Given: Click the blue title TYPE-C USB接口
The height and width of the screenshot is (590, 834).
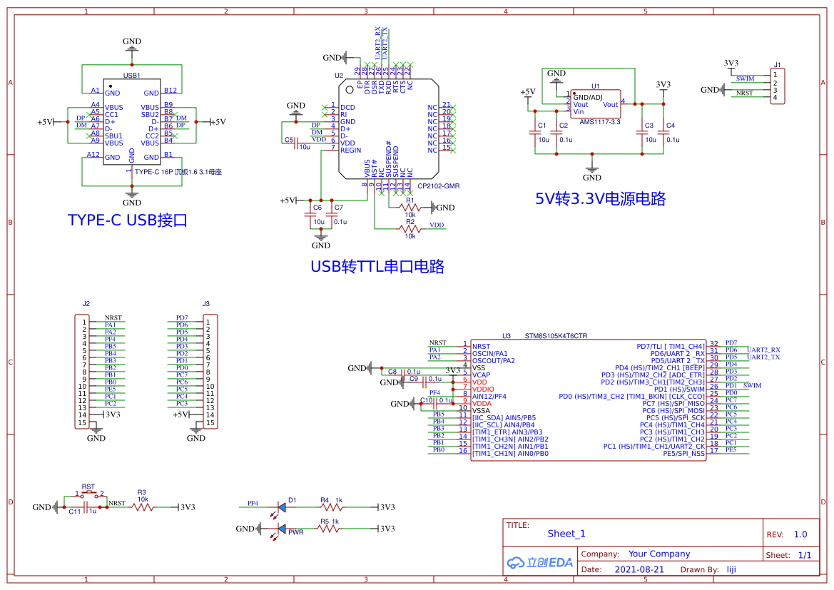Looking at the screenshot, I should (x=127, y=220).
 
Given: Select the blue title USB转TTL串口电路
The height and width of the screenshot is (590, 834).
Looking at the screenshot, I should (x=377, y=267).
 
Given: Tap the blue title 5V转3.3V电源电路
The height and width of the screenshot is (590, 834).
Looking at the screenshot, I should (x=600, y=199).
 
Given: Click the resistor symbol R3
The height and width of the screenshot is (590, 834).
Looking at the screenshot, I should (x=142, y=507).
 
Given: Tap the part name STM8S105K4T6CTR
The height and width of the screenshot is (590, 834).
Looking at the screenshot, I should (x=556, y=335).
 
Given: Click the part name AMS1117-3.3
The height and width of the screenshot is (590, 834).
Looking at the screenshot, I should (x=599, y=122).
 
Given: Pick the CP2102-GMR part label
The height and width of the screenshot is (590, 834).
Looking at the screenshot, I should (x=438, y=185).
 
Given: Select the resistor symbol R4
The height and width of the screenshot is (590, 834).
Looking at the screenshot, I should (x=332, y=507).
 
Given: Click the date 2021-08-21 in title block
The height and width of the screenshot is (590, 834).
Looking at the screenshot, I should (x=639, y=569).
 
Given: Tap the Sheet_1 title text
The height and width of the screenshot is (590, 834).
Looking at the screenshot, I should (x=566, y=534).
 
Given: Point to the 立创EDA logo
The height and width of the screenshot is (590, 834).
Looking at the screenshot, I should (x=539, y=562).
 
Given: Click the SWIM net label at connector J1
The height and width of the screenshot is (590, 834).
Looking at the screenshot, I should (x=745, y=78).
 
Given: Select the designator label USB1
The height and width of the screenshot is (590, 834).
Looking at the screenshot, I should (x=131, y=75).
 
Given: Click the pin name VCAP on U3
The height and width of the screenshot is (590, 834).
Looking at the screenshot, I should (x=481, y=375).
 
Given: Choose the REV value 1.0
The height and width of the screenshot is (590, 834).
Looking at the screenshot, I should (x=800, y=534).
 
